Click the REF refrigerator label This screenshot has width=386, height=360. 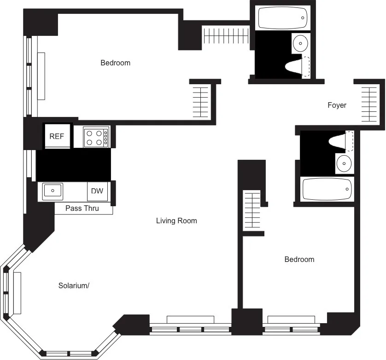pos(57,136)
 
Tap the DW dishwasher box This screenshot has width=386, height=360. pos(97,191)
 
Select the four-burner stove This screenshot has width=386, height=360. pos(96,137)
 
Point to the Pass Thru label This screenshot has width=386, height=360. pos(82,209)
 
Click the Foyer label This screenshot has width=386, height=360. pos(337,105)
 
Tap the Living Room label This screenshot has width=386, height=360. pos(176,221)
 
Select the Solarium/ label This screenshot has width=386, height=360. pos(74,285)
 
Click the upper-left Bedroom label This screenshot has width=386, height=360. pos(115,63)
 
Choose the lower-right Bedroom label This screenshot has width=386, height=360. pos(299,260)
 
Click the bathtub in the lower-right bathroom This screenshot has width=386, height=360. pos(327,189)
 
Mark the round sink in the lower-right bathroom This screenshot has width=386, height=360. pos(343,163)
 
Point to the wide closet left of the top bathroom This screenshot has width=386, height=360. pos(226,36)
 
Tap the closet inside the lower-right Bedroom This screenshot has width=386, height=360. pos(252,211)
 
